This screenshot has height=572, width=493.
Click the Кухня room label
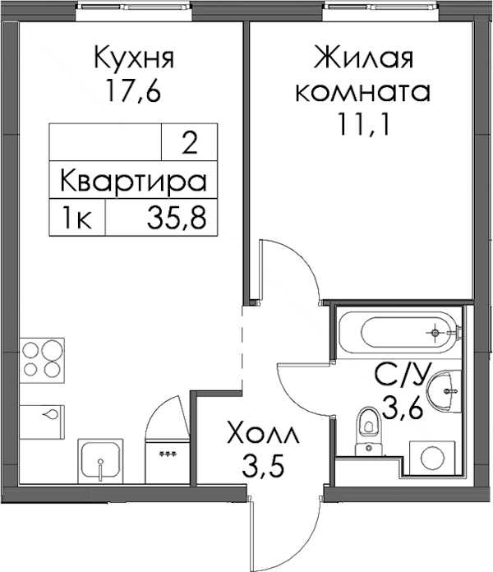(134, 58)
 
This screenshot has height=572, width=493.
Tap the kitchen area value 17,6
(133, 91)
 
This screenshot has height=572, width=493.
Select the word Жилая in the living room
(363, 58)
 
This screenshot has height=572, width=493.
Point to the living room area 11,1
(363, 124)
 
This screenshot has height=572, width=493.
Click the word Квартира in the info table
(133, 180)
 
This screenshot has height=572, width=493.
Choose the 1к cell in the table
(77, 218)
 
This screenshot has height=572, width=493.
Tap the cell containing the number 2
(189, 143)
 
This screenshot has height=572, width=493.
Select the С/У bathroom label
(400, 375)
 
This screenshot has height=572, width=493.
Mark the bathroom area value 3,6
(402, 408)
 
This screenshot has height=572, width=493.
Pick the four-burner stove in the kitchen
(42, 361)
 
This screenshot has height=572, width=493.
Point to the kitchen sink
(101, 461)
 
